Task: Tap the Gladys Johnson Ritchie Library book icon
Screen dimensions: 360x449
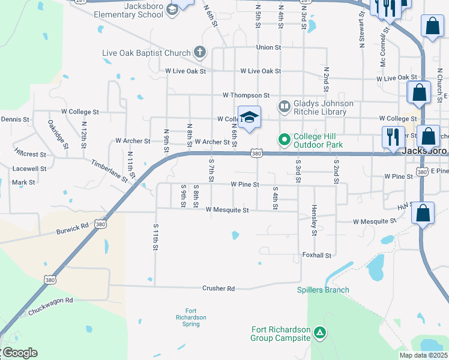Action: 285,107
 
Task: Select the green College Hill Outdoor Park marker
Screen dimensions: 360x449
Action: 285,140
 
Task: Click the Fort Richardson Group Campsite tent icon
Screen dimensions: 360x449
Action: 320,332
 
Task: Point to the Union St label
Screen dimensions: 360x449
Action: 268,47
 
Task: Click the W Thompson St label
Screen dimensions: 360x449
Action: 246,95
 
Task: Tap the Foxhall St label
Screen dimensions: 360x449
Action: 316,256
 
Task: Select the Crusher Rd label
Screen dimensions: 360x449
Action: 218,289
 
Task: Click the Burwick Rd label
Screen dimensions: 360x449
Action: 73,229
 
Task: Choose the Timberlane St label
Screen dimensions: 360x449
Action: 109,171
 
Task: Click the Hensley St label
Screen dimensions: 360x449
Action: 314,220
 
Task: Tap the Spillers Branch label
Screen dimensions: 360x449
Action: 322,290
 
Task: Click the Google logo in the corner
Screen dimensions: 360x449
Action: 19,353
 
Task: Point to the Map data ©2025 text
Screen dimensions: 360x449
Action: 423,355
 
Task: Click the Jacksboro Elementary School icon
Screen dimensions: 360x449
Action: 172,9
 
